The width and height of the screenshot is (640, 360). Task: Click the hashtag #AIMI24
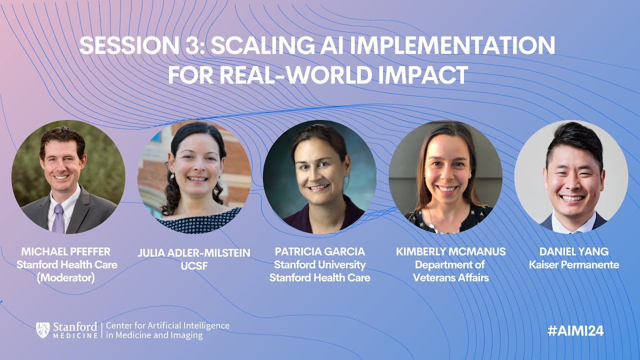coord(575,331)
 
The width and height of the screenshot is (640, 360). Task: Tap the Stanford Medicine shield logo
coord(42,330)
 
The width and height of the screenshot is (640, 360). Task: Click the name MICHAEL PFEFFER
coord(65,251)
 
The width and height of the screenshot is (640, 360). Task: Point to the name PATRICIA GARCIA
coord(320,251)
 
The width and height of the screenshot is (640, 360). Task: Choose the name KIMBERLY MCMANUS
coord(450,251)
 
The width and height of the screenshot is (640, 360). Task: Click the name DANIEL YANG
coord(573,251)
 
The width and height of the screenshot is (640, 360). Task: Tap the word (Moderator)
coord(65,277)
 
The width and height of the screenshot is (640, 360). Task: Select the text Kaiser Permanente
coord(573,264)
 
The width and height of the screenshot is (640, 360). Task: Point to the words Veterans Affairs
coord(450,277)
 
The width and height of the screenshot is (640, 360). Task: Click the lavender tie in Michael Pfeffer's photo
coord(58,218)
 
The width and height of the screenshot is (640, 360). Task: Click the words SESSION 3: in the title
coord(141,46)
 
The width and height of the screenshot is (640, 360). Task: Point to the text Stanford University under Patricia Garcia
coord(320,264)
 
